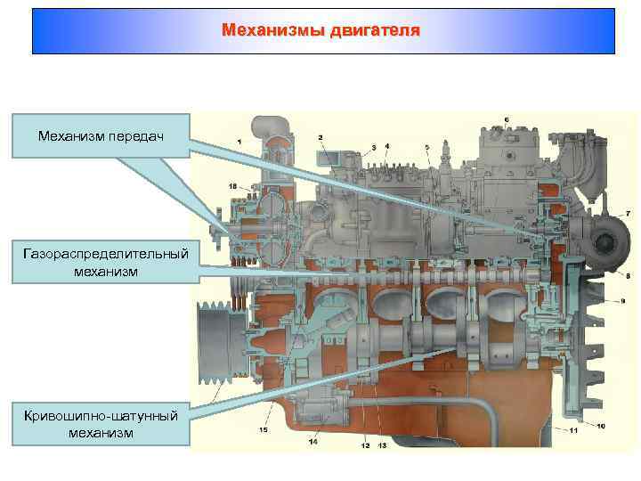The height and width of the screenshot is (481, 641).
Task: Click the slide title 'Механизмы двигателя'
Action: pos(320,31)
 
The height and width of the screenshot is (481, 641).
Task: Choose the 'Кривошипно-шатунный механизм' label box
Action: pos(101,423)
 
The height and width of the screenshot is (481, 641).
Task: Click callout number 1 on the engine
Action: pos(239,142)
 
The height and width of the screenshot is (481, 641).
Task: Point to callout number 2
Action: pos(320,137)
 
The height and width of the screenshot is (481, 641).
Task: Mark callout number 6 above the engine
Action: pos(507,119)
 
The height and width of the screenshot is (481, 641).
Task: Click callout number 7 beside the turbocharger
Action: pos(628,214)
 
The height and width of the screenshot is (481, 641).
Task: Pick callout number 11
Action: pos(574,431)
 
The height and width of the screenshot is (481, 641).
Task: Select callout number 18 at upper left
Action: pos(232,185)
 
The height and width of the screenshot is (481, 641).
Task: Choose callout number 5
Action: pos(427,146)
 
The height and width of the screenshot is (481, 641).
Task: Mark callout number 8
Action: pos(628,276)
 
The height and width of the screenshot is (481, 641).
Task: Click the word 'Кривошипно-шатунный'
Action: pos(101,416)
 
